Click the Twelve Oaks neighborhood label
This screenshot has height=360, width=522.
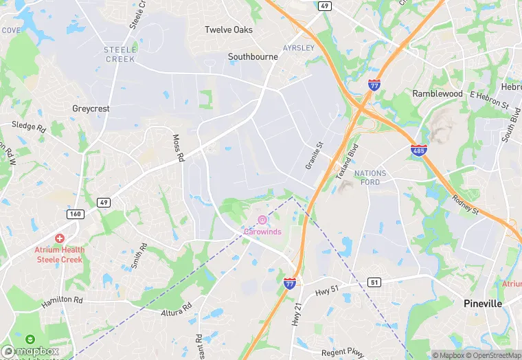click(x=229, y=30)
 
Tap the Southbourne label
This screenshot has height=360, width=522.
click(x=253, y=57)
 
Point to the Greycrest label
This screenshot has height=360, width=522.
click(x=91, y=109)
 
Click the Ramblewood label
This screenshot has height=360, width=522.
click(x=438, y=93)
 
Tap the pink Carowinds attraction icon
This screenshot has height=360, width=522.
click(x=262, y=220)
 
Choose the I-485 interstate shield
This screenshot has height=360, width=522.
click(x=418, y=149)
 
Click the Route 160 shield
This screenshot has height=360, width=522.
click(x=75, y=214)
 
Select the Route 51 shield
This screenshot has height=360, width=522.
click(x=374, y=282)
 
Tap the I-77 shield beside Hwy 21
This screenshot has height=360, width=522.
click(x=290, y=282)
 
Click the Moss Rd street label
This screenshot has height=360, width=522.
click(x=178, y=148)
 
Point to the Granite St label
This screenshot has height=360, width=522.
click(x=313, y=156)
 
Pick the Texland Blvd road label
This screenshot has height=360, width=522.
click(x=348, y=161)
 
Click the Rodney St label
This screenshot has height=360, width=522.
click(x=464, y=204)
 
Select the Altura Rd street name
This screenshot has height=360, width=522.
click(x=175, y=310)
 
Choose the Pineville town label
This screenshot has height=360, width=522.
click(x=483, y=303)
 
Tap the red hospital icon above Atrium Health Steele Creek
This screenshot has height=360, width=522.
click(x=59, y=238)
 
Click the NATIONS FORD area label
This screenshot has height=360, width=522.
click(x=370, y=177)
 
